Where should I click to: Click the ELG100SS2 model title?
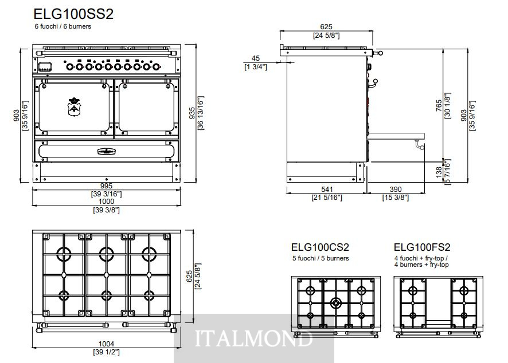pos(73,14)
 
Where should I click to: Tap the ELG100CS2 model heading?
pos(320,247)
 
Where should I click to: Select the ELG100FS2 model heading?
pos(422,247)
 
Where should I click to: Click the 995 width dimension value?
pos(106,186)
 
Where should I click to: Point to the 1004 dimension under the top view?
pos(106,344)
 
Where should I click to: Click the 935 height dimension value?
pos(192,113)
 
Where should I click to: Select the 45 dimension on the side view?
pos(255,58)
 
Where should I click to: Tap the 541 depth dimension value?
pos(327,190)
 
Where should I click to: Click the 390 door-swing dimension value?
pos(396,190)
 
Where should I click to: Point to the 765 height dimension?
pos(439,106)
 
